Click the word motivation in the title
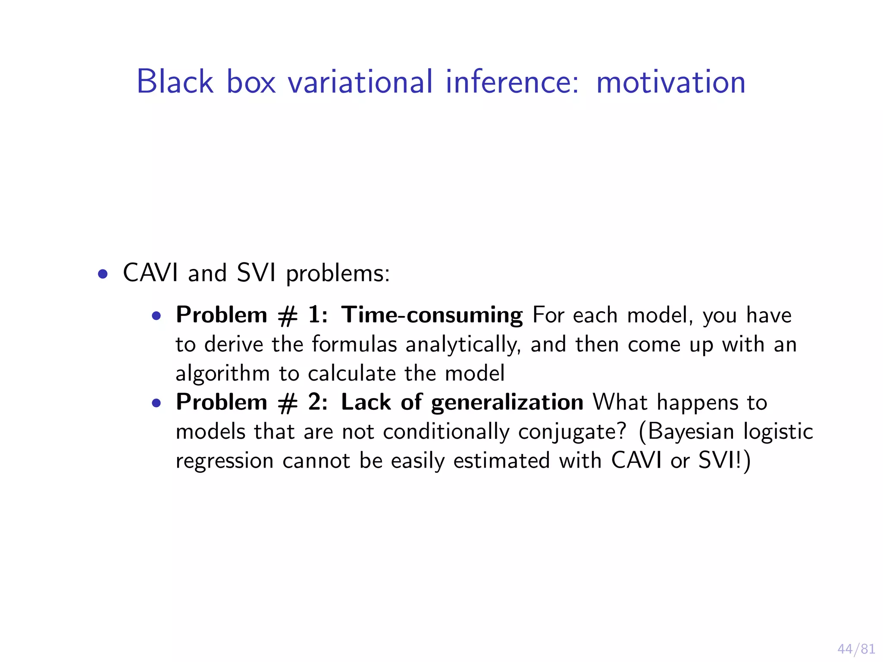click(670, 82)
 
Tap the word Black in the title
click(175, 82)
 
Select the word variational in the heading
click(360, 82)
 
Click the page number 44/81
click(856, 649)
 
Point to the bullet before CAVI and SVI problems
click(103, 274)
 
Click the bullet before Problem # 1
click(157, 316)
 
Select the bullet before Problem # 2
click(157, 403)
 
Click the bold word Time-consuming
click(432, 315)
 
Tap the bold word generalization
click(507, 403)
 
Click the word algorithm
click(222, 374)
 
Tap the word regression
click(224, 461)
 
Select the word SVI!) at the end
click(724, 460)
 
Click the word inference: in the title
click(512, 82)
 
